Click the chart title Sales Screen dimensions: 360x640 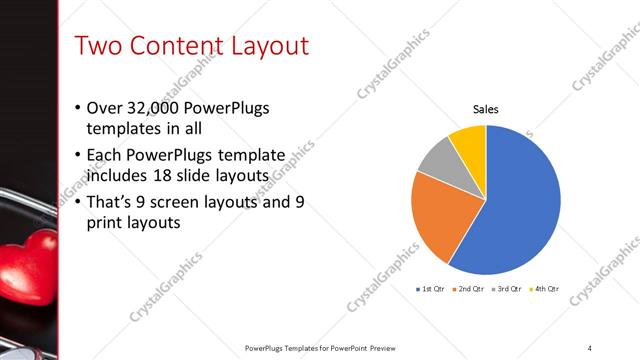486,110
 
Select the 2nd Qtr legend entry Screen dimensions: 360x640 470,288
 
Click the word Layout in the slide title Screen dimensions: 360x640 270,46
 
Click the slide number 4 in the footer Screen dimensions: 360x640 590,347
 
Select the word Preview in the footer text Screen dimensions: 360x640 379,347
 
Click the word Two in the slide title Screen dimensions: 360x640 98,46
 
